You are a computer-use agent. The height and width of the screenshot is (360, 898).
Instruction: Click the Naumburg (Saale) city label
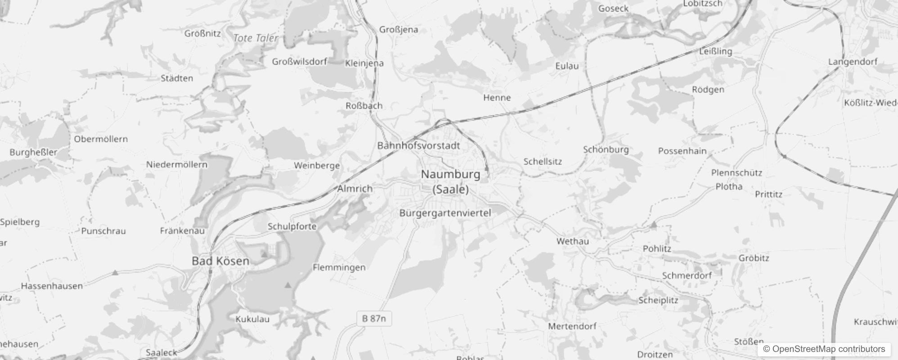point(450,181)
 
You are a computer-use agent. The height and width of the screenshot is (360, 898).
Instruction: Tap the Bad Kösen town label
point(220,261)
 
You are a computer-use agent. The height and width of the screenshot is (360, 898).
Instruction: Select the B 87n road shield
point(374,319)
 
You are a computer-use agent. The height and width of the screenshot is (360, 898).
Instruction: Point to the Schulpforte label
point(292,226)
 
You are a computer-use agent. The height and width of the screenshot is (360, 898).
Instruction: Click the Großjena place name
point(399,30)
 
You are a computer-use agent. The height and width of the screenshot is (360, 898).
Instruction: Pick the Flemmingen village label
point(339,267)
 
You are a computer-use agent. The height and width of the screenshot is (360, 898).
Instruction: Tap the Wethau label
point(572,241)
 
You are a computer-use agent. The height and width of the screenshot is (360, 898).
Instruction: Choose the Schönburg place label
point(606,149)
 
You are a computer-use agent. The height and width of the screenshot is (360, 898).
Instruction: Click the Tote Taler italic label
point(256,38)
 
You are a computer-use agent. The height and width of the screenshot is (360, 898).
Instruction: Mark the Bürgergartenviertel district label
point(445,213)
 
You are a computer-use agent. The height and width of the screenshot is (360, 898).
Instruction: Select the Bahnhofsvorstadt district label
point(418,145)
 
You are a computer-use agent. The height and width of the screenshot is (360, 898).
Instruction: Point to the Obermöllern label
point(101,139)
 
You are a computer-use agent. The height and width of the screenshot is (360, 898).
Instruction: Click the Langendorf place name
point(853,62)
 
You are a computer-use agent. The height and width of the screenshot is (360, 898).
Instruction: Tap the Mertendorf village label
point(572,326)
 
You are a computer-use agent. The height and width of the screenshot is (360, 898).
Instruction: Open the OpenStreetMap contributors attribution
point(824,349)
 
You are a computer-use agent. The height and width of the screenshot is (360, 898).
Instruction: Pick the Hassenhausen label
point(52,286)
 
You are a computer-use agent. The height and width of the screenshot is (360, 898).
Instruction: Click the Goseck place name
point(613,9)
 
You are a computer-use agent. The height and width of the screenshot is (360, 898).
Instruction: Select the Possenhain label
point(682,151)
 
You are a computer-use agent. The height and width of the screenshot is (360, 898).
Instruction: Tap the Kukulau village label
point(252,319)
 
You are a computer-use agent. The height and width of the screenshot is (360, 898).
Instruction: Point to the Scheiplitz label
point(658,300)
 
